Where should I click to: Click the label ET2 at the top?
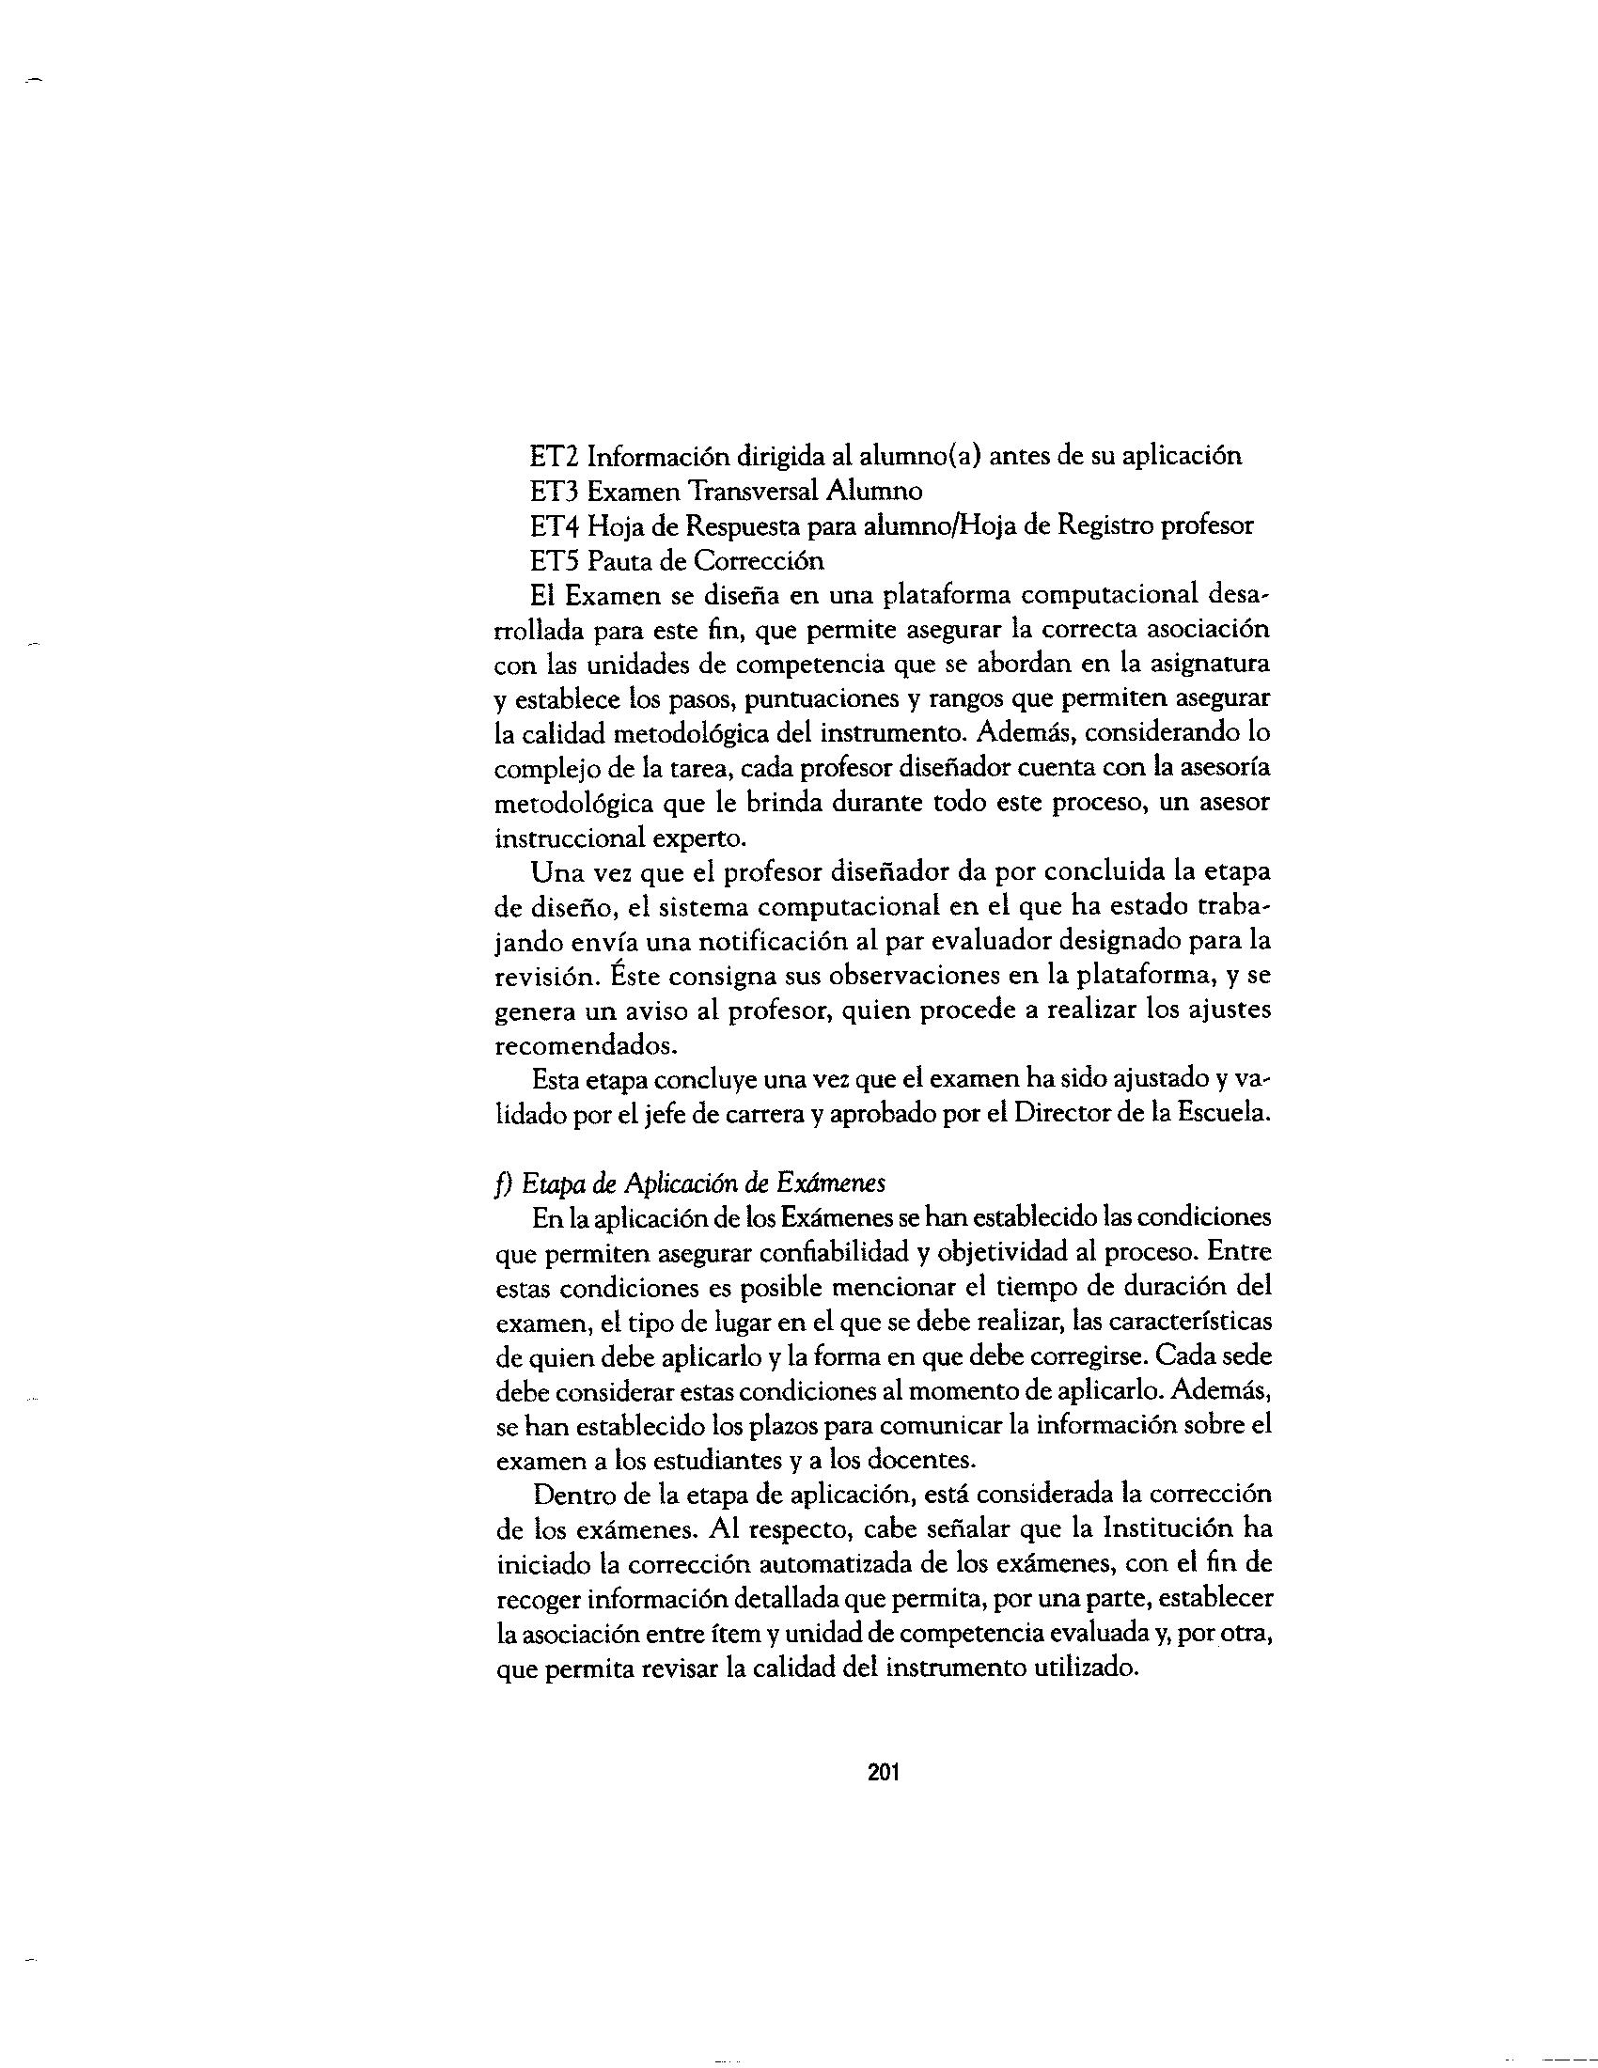tap(555, 457)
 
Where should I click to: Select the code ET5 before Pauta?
tap(555, 561)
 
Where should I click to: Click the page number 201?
tap(883, 1773)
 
